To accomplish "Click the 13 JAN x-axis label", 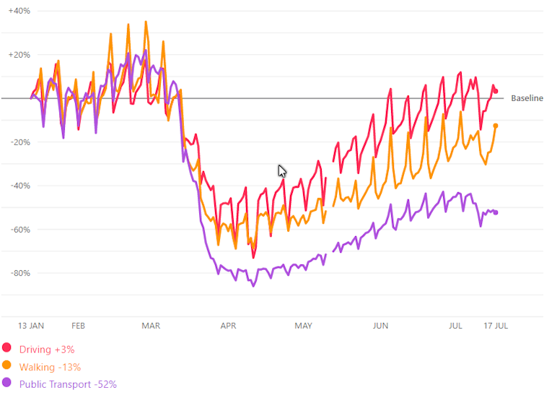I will point(32,326).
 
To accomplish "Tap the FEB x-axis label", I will point(79,326).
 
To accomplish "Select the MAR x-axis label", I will point(151,326).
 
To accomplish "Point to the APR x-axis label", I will point(228,326).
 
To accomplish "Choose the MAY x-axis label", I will point(304,326).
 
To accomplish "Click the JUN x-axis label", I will point(380,326).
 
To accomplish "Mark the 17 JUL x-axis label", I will point(496,326).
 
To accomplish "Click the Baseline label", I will point(527,98).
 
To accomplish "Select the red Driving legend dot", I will point(7,350).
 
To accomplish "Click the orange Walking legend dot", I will point(7,367).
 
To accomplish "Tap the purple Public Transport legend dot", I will point(7,384).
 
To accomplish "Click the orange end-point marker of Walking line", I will point(496,126).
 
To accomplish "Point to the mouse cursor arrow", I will point(282,170).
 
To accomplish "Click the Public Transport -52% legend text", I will point(68,384).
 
